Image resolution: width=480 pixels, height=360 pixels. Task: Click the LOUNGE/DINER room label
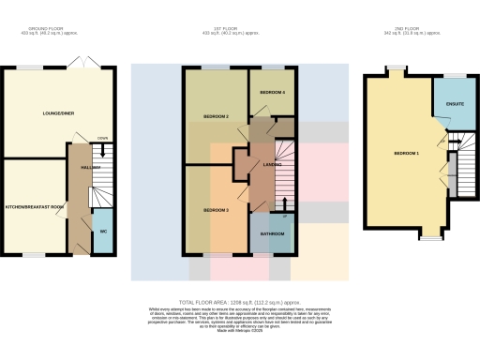[58, 114]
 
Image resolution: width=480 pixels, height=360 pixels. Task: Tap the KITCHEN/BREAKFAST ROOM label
[35, 206]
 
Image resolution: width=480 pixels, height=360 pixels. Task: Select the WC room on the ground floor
[103, 231]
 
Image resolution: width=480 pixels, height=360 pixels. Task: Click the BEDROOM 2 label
[217, 117]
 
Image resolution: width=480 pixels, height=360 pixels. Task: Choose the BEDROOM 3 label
[217, 210]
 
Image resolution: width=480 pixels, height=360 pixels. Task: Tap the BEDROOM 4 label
[272, 93]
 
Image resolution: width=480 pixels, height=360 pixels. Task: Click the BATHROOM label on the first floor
[273, 232]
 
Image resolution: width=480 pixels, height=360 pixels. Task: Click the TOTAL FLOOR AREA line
[239, 302]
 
